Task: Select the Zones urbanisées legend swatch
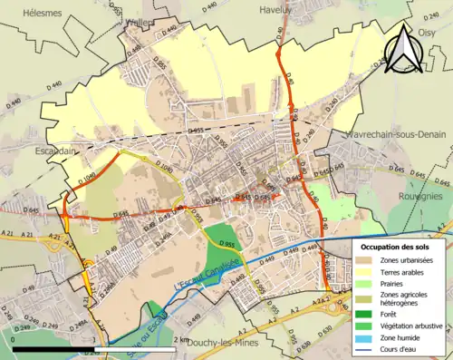click(x=366, y=260)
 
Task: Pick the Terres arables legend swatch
click(x=366, y=273)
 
